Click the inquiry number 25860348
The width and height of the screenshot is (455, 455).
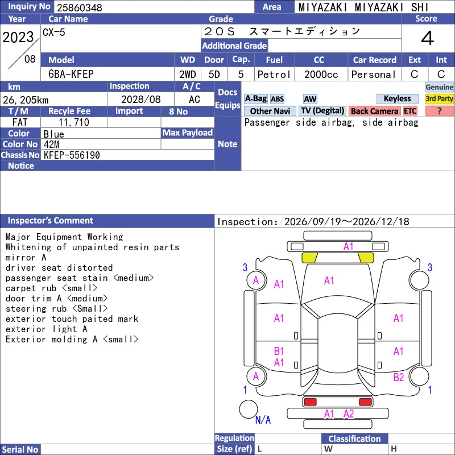coord(80,7)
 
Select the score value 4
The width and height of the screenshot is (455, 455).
coord(428,38)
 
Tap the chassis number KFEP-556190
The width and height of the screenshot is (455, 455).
coord(72,155)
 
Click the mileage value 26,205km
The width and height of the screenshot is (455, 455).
coord(26,100)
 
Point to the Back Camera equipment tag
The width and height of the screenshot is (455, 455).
coord(374,111)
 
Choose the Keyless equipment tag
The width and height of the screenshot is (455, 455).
coord(397,98)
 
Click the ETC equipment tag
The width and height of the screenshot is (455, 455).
coord(410,111)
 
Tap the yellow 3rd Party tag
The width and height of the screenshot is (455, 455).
coord(439,98)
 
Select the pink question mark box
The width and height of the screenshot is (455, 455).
coord(439,111)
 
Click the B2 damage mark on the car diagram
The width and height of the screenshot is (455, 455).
coord(399,377)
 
